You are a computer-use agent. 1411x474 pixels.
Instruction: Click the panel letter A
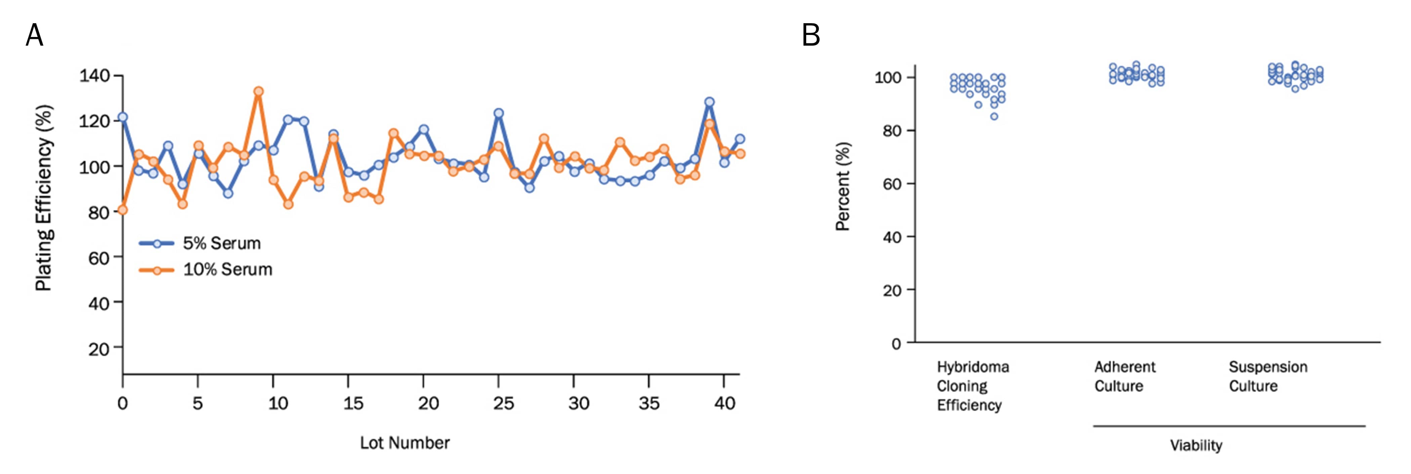(35, 36)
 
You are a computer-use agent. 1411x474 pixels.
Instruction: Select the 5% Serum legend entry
(221, 243)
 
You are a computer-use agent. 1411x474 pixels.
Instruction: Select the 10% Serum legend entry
(227, 270)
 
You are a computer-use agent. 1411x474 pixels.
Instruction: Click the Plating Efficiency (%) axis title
(44, 197)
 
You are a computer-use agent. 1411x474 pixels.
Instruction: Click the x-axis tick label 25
(503, 404)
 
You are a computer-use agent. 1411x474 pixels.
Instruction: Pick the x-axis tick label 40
(724, 404)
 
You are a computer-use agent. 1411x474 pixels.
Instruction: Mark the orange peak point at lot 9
(259, 91)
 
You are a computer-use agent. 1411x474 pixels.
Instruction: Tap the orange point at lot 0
(123, 210)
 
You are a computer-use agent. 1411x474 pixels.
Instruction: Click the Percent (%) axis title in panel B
(843, 186)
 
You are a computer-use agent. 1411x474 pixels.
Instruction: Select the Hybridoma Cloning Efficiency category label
(972, 386)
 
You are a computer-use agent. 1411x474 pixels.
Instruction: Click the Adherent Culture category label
(1124, 377)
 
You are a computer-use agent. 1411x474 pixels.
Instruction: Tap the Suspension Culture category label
(1268, 377)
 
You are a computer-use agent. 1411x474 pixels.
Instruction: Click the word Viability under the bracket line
(1196, 445)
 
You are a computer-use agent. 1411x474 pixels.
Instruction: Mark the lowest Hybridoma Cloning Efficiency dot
(994, 116)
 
